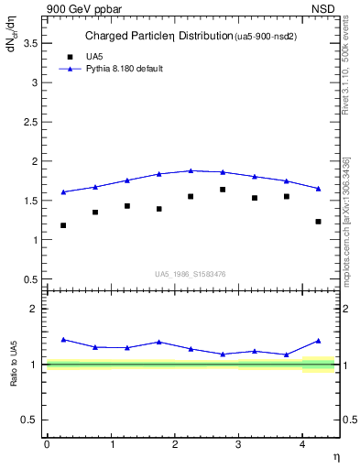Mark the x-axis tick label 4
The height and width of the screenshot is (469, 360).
(x=302, y=443)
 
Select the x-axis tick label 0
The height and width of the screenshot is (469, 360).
(x=47, y=443)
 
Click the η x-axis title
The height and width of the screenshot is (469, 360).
(x=336, y=456)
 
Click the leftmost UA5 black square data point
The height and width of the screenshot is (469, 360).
(x=63, y=225)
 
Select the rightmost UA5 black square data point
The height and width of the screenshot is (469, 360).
(x=318, y=222)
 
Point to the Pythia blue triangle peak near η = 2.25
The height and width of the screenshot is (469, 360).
(x=191, y=170)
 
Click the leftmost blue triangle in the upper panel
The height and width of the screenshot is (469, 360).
(x=63, y=192)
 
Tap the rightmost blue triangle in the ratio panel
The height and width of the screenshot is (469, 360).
(x=318, y=341)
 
